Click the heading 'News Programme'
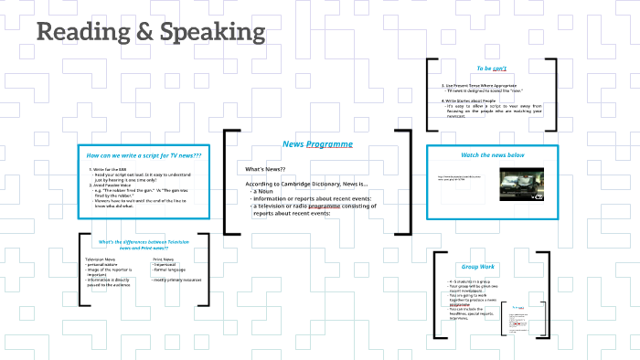pos(317,144)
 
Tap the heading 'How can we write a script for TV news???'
pos(144,155)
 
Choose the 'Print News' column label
pos(164,259)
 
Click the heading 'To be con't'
pos(492,69)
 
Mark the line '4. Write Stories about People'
pos(471,101)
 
